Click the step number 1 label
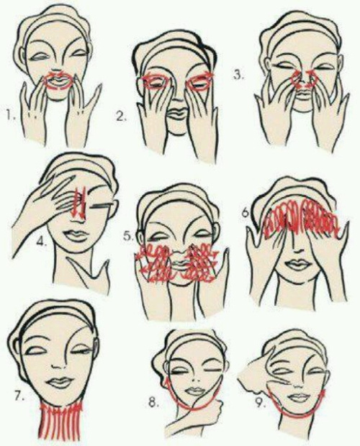point(11,115)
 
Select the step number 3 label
point(238,76)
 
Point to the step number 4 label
point(42,241)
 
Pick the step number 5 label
point(129,236)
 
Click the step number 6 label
point(246,213)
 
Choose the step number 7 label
point(19,396)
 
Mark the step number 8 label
point(153,403)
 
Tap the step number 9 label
point(259,403)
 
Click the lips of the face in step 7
point(60,382)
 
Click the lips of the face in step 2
point(176,112)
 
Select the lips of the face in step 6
point(297,265)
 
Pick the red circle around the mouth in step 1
point(59,81)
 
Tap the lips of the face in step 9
point(298,396)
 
